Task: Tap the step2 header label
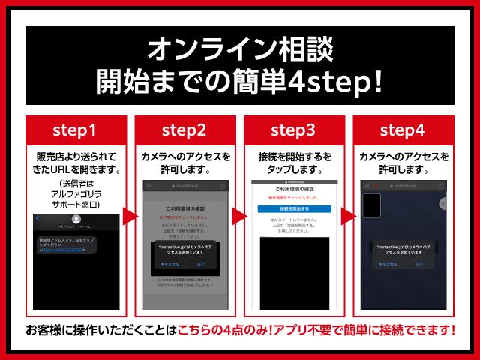tap(184, 130)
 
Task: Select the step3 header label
tap(295, 130)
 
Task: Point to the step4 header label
tap(403, 130)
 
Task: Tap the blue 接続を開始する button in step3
tap(294, 208)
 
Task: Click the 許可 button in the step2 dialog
tap(200, 265)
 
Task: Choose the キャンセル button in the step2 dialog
tap(169, 265)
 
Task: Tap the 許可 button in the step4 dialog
tap(418, 264)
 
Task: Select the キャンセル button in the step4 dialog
tap(388, 264)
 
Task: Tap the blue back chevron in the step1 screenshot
tap(38, 219)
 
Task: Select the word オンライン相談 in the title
tap(240, 49)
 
